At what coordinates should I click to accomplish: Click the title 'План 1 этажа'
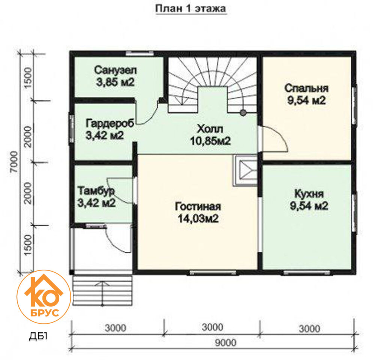click(x=190, y=9)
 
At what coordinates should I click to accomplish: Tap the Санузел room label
click(x=115, y=70)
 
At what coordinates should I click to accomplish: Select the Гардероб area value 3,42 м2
click(x=105, y=136)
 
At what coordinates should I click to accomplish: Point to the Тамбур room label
click(x=96, y=191)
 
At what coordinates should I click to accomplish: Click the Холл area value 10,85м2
click(x=210, y=141)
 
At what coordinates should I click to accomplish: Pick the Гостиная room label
click(x=198, y=206)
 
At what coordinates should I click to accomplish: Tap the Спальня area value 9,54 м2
click(x=307, y=100)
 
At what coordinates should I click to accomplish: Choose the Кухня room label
click(x=309, y=194)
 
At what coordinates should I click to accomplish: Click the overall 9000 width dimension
click(x=225, y=343)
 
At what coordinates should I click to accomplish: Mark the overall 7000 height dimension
click(x=14, y=161)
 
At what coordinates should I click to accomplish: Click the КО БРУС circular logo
click(x=44, y=297)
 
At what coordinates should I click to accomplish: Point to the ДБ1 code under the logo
click(x=38, y=336)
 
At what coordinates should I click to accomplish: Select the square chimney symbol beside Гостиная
click(x=245, y=170)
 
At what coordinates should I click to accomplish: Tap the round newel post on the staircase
click(x=243, y=113)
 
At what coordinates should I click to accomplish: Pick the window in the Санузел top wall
click(x=139, y=54)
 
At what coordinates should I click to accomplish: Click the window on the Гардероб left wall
click(x=71, y=128)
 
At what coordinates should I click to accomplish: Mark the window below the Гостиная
click(x=213, y=272)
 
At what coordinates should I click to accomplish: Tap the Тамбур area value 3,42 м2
click(x=97, y=203)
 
